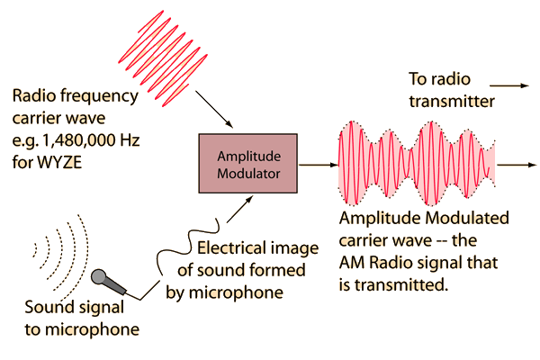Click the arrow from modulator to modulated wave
pos(316,166)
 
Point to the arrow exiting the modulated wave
pos(514,166)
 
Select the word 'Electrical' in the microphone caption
pos(229,251)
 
